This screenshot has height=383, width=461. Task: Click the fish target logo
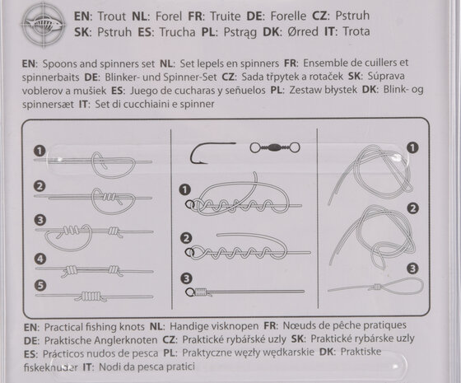click(43, 24)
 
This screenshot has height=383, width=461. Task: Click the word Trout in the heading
click(111, 16)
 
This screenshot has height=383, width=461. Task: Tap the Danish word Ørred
click(303, 32)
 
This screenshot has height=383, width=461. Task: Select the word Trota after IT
click(356, 31)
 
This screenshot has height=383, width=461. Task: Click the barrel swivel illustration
click(275, 147)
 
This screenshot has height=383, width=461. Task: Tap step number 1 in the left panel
click(40, 151)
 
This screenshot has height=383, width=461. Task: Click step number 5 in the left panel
click(40, 285)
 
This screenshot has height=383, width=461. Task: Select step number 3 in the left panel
click(40, 220)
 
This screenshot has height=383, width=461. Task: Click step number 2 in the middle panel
click(186, 238)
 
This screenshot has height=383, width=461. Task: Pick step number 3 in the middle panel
click(186, 278)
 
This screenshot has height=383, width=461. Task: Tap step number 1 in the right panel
click(412, 147)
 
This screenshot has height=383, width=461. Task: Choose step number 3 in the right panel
click(412, 269)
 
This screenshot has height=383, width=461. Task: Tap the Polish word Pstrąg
click(240, 32)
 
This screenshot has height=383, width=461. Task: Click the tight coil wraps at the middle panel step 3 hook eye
click(201, 292)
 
